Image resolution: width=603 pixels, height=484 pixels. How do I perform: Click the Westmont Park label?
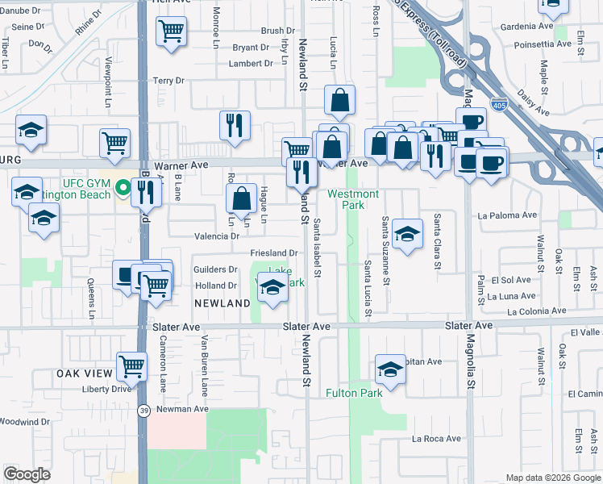[x=353, y=199]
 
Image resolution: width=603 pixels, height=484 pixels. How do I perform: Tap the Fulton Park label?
[x=354, y=393]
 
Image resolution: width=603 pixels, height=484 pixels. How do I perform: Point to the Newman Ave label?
[x=183, y=409]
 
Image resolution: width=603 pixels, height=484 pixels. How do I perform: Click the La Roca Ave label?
[x=436, y=439]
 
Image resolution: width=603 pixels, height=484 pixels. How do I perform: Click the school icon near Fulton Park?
[x=390, y=369]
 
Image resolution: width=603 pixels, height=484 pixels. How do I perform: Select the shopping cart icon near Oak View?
[x=131, y=366]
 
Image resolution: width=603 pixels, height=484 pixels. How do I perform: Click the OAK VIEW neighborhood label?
[x=83, y=374]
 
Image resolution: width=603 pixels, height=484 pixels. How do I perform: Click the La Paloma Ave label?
[x=507, y=215]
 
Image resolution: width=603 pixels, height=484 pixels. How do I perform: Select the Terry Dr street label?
[x=168, y=81]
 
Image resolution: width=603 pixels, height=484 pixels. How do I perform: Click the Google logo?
[x=27, y=474]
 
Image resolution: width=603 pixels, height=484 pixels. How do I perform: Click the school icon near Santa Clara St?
[x=408, y=234]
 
